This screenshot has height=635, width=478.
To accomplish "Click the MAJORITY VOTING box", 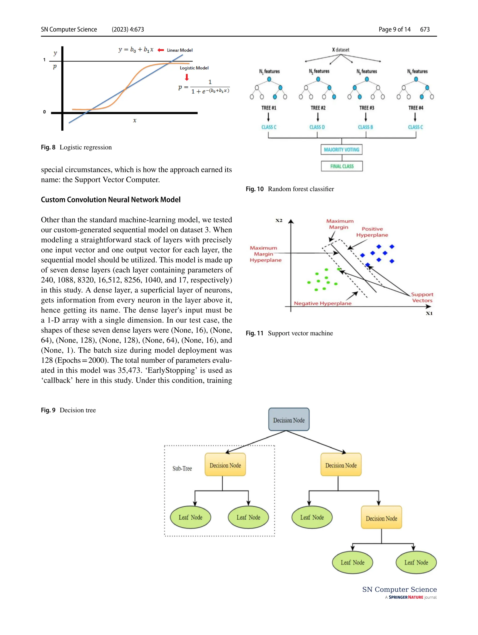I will [341, 150].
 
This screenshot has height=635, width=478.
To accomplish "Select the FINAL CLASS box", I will [342, 166].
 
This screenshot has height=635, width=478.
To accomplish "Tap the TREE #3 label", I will [367, 108].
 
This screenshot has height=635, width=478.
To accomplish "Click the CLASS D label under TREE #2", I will [317, 127].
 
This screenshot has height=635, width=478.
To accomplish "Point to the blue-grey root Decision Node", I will [289, 419].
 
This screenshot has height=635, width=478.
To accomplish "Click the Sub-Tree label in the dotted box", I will [182, 469].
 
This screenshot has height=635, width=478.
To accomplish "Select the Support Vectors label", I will [422, 297].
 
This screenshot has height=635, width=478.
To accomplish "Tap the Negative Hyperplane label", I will [322, 303].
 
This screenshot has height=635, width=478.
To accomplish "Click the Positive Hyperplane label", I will [372, 232].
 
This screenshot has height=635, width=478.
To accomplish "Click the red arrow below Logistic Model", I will [187, 77].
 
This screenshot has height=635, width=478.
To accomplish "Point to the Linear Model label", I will [180, 50].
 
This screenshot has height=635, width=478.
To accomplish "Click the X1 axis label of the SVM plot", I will [429, 313].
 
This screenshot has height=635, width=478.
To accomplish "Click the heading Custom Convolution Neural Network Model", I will [111, 200].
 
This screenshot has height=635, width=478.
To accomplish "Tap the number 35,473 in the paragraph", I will [129, 370].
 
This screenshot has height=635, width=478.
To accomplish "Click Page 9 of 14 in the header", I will [394, 29].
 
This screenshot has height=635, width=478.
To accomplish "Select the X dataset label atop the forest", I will [341, 50].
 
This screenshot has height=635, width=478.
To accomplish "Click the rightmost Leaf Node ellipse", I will [416, 562].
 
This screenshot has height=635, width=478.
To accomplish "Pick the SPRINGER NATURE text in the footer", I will [406, 597].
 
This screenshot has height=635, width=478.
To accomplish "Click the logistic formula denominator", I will [211, 91].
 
